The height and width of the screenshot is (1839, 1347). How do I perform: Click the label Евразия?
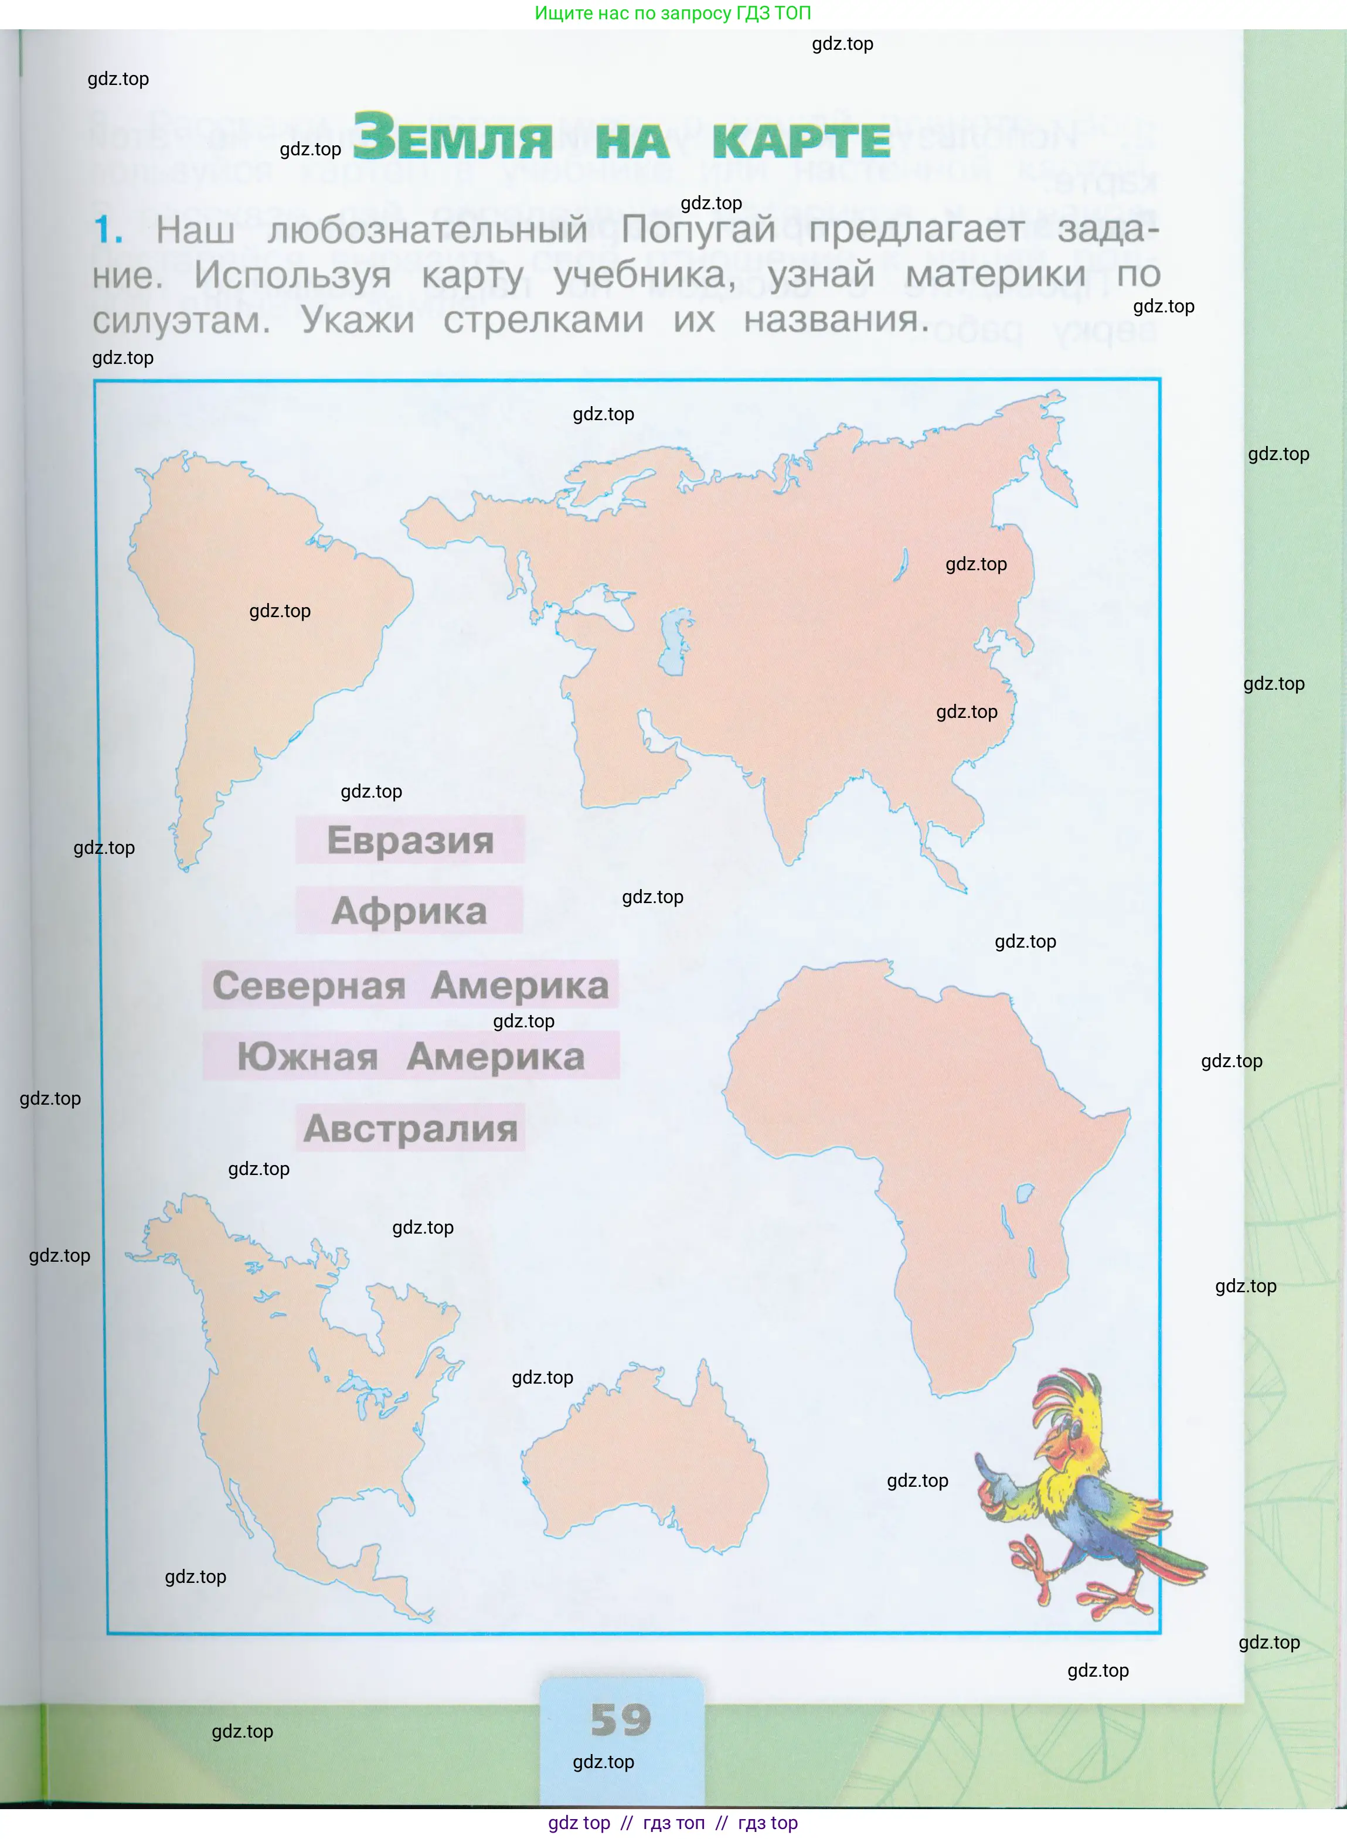410,840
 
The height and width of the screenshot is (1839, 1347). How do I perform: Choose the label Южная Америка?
411,1057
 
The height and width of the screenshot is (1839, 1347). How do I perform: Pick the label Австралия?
410,1128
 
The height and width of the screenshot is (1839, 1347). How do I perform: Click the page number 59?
621,1719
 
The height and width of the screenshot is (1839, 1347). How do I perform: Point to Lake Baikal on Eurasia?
901,564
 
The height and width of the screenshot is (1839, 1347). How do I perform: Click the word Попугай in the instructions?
698,230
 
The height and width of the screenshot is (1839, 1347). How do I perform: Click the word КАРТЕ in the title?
801,141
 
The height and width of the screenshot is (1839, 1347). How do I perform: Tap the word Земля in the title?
453,137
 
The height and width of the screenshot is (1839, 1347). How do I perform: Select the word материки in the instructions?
995,275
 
